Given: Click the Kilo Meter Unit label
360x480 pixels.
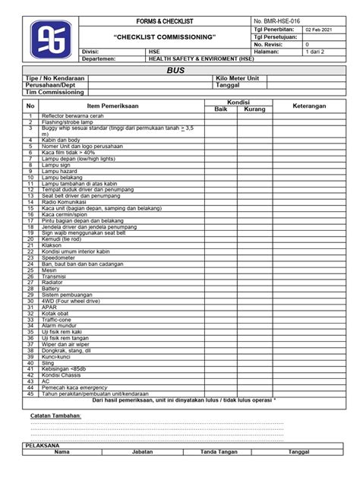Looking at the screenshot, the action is (x=238, y=78).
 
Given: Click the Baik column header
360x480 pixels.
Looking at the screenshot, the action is (x=221, y=109).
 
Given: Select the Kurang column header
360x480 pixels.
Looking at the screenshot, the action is (x=255, y=109).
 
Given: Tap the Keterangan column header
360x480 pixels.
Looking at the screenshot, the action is (x=309, y=106).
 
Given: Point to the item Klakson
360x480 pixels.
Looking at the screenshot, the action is (x=52, y=246).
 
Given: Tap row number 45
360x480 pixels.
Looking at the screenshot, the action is (x=30, y=393).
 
